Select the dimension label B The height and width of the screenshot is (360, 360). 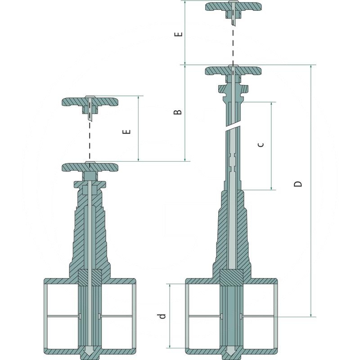179,111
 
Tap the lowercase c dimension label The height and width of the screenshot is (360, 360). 261,144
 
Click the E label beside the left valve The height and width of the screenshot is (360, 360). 127,131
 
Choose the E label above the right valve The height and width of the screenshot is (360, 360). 179,35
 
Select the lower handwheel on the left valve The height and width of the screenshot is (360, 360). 90,167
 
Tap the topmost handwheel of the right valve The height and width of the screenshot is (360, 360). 233,7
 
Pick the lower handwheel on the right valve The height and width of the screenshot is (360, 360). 233,71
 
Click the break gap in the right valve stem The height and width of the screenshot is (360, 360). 234,128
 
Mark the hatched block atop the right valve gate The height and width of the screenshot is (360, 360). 232,276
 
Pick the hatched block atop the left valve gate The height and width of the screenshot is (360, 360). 90,276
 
